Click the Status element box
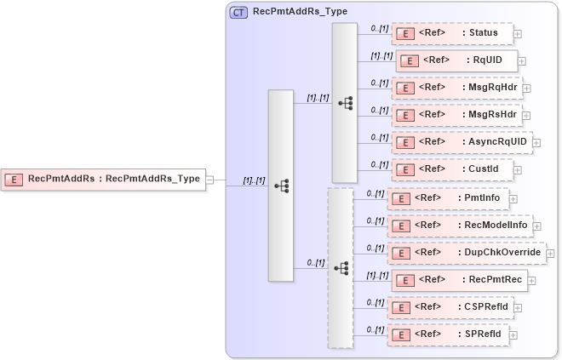coord(452,33)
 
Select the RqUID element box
coord(456,60)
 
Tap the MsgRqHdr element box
coord(456,87)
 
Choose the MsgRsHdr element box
coord(456,114)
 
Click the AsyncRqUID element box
coord(462,141)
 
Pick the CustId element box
coord(452,169)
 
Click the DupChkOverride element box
coord(466,253)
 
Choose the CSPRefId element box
coord(450,306)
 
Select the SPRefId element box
coord(448,334)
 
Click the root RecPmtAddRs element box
coord(103,179)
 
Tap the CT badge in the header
coord(239,13)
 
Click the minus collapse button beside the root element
coord(209,180)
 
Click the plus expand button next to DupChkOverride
coord(550,254)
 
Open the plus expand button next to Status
coord(518,34)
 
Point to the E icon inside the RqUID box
coord(409,61)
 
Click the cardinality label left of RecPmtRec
coord(376,275)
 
